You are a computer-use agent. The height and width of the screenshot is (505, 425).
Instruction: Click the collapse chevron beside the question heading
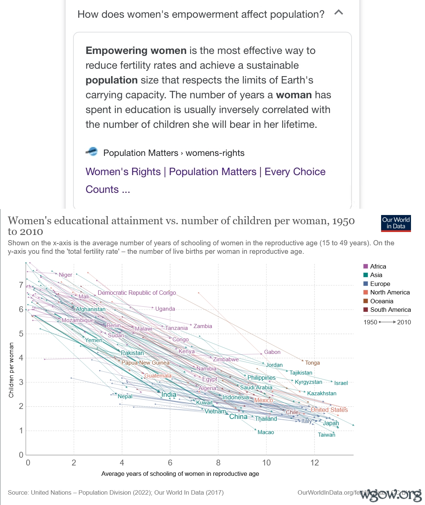(339, 13)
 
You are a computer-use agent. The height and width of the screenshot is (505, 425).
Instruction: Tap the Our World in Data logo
(396, 223)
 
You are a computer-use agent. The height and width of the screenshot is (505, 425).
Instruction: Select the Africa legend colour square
(366, 266)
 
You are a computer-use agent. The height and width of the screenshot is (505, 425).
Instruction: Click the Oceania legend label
(381, 301)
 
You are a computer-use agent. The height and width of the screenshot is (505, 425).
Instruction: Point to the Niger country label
(66, 275)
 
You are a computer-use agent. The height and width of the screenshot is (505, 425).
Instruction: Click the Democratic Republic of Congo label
(137, 293)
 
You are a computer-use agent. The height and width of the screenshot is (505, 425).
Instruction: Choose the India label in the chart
(169, 395)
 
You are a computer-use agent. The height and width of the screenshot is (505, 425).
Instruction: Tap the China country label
(238, 417)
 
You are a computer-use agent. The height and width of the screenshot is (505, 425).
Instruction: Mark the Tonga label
(312, 363)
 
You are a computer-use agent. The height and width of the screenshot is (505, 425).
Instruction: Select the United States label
(329, 410)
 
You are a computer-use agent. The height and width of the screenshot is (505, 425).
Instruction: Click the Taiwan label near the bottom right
(326, 435)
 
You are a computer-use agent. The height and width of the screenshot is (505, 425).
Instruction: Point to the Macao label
(266, 432)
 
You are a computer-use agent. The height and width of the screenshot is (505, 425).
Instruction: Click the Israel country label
(341, 383)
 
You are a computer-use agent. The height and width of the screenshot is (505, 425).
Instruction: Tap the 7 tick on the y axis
(21, 285)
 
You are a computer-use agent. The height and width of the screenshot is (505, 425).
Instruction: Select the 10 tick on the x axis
(266, 463)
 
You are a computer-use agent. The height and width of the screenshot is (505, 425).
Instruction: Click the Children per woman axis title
(11, 370)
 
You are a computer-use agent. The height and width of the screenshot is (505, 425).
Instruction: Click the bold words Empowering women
(136, 51)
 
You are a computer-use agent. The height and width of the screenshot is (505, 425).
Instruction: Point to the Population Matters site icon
(92, 151)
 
